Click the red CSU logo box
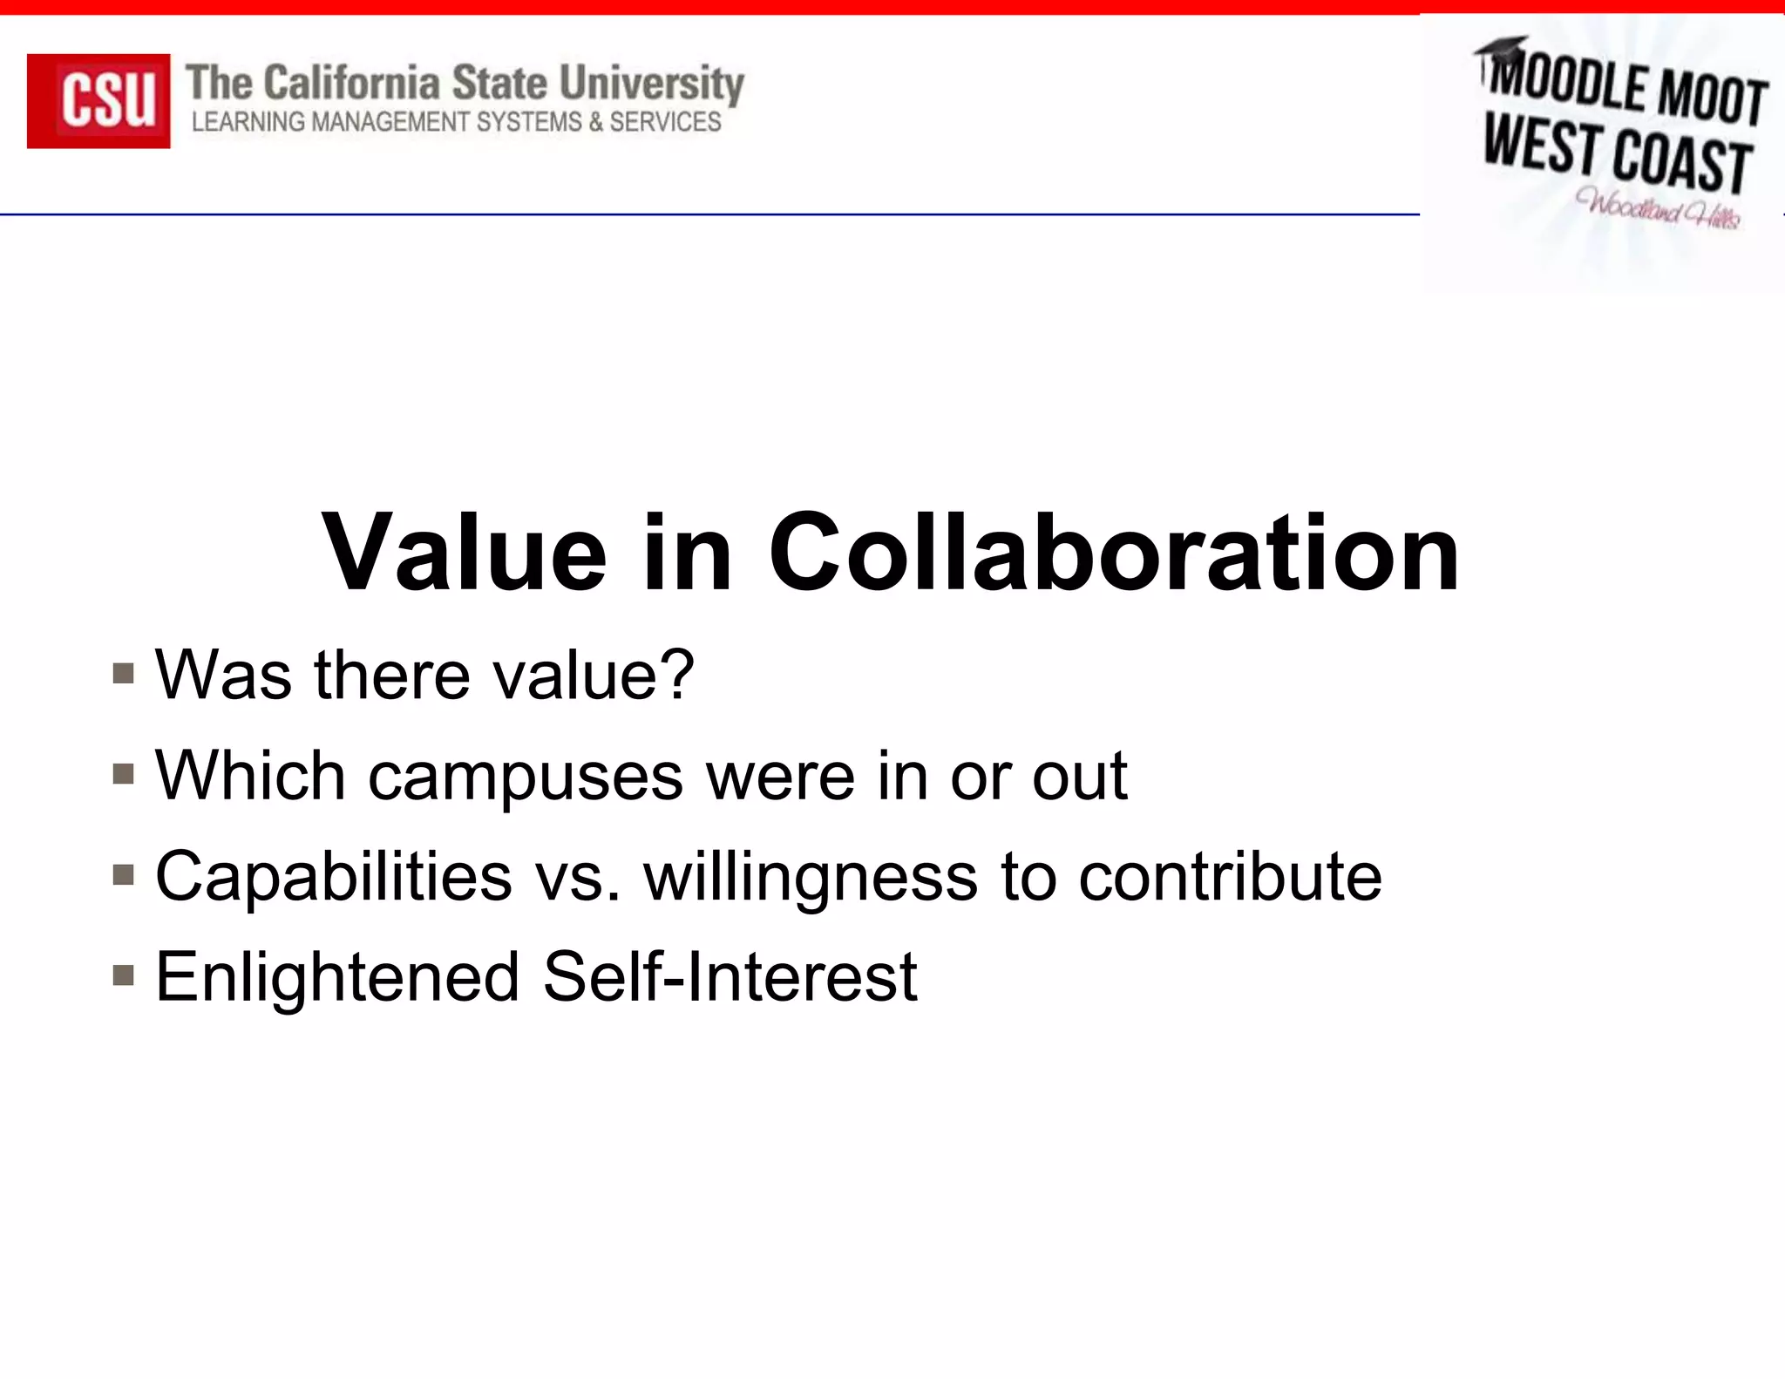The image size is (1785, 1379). tap(98, 101)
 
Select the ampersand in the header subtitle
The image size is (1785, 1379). tap(595, 122)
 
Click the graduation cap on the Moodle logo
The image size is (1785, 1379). tap(1502, 48)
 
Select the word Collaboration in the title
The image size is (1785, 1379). tap(1113, 552)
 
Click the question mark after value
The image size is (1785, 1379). tap(678, 674)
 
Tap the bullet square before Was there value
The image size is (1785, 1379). tap(123, 674)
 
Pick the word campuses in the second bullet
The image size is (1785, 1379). tap(525, 776)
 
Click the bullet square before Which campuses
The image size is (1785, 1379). tap(123, 774)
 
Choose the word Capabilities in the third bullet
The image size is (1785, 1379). tap(334, 876)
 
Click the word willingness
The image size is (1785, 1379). tap(811, 877)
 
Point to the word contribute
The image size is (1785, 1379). tap(1230, 876)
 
